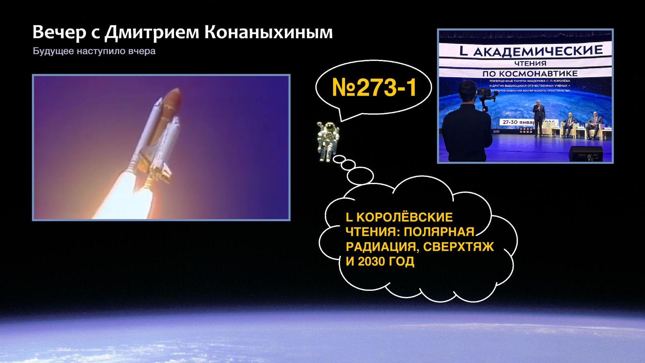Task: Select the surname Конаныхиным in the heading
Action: tap(268, 33)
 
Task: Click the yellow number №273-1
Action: tap(374, 88)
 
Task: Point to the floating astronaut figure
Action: tap(327, 142)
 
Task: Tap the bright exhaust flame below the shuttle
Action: tap(121, 198)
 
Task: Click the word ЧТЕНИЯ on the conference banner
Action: tap(530, 63)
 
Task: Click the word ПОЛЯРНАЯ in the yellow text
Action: tap(439, 232)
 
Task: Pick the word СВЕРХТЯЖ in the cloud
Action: tap(458, 247)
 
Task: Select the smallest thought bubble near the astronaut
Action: tap(339, 159)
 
